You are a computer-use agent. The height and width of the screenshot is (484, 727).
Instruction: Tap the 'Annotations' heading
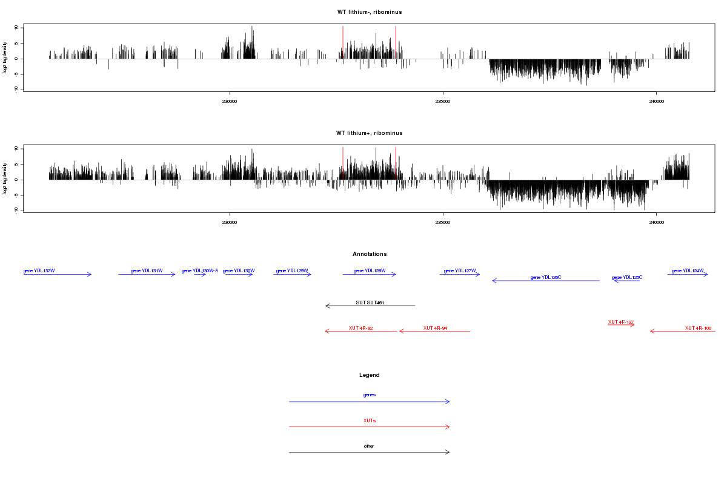(370, 254)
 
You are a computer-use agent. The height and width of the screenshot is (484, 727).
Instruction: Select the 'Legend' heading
(370, 375)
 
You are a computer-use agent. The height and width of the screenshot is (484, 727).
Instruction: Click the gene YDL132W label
(39, 270)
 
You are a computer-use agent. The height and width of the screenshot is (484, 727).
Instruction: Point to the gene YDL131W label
(147, 270)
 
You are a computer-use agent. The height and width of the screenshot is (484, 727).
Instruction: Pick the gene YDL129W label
(291, 270)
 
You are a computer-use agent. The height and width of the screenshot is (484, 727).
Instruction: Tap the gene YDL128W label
(369, 270)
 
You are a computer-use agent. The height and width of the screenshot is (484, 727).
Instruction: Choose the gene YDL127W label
(460, 270)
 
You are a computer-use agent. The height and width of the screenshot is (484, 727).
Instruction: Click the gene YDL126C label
(546, 277)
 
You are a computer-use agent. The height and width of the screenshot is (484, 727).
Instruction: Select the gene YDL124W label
(688, 270)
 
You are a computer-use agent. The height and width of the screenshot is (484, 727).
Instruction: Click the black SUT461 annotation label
(370, 302)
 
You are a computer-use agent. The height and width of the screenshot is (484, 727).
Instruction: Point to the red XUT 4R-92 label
(360, 328)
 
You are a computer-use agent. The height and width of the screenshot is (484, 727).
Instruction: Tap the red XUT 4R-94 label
(435, 328)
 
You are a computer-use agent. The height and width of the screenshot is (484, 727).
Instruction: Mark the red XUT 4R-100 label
(698, 328)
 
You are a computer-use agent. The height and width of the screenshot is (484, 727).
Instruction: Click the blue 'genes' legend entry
(370, 395)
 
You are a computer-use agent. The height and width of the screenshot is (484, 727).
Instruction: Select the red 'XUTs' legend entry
(370, 420)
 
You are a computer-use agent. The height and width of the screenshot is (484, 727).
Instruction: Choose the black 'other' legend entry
(369, 446)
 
